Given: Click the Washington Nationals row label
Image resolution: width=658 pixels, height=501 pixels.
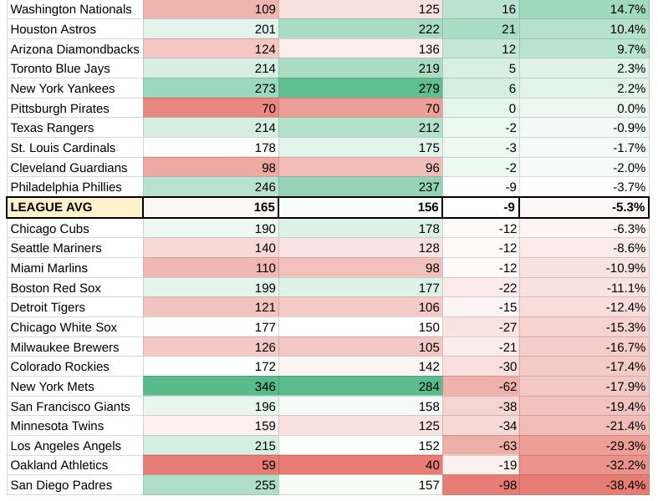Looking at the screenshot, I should [71, 9].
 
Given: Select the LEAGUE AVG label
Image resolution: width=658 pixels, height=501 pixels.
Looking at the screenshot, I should [49, 207].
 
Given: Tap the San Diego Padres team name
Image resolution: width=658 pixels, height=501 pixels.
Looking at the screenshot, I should [61, 485].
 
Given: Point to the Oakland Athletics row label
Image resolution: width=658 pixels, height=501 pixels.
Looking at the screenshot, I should [59, 465].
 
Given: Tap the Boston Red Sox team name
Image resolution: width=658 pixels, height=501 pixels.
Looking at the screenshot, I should [55, 288].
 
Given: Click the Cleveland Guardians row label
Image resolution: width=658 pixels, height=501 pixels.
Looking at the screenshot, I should [69, 168].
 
